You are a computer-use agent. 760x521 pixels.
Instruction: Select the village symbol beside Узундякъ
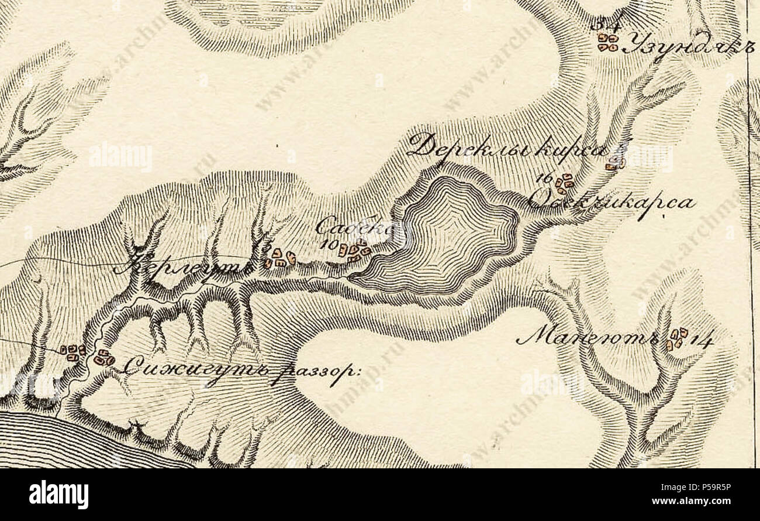607,42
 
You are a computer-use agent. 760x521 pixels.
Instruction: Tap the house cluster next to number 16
564,184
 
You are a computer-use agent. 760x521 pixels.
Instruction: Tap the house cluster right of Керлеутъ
279,258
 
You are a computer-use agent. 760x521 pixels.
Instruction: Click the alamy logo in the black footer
58,495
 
